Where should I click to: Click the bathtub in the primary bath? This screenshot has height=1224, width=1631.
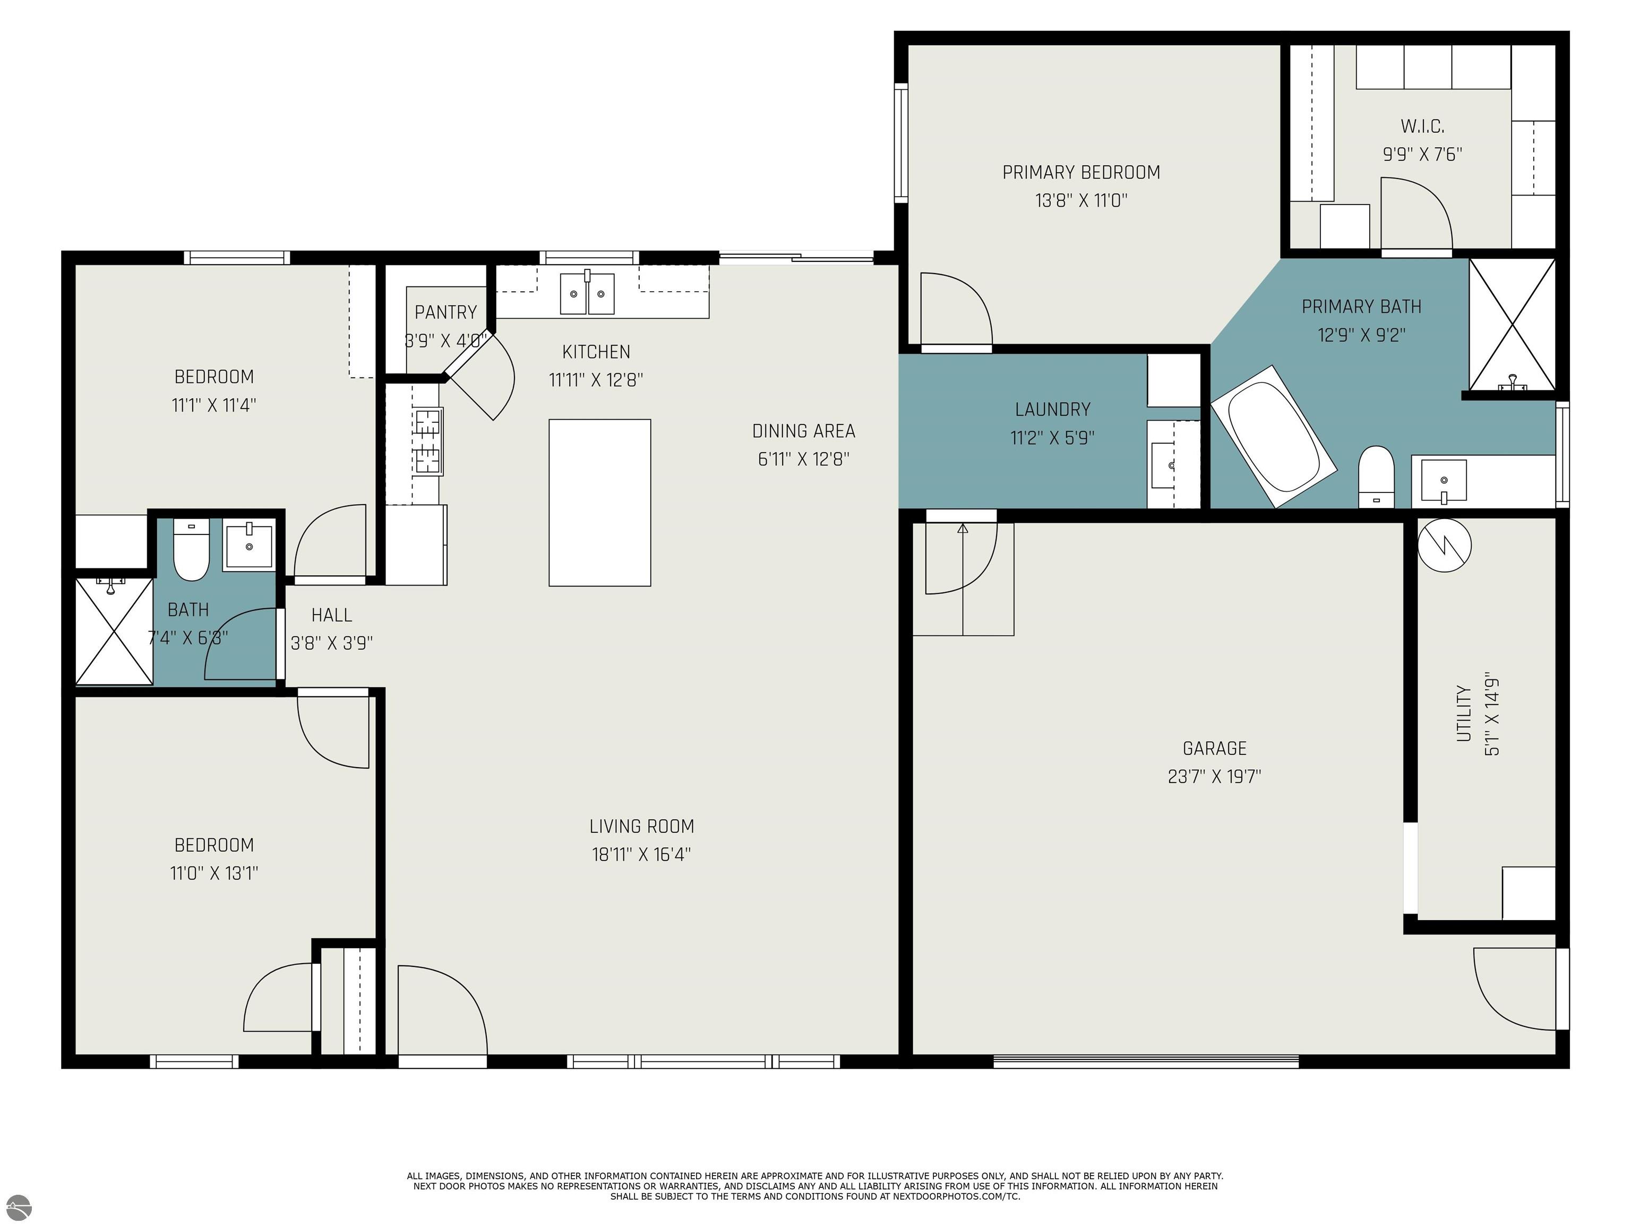click(x=1273, y=436)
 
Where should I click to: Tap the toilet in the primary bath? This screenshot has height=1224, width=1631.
click(x=1376, y=477)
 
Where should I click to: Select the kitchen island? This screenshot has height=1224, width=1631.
click(x=599, y=503)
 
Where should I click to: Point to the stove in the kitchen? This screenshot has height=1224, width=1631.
click(x=428, y=440)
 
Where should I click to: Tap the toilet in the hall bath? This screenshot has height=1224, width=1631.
click(x=191, y=550)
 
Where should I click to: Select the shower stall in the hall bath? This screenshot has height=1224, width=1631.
click(x=114, y=632)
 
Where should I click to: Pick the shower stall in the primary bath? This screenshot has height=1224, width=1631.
click(x=1512, y=324)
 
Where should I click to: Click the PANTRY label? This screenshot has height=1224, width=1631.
click(x=445, y=312)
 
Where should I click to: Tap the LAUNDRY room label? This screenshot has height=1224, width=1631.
click(x=1052, y=410)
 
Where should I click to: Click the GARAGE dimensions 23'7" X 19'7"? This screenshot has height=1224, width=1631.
click(x=1214, y=777)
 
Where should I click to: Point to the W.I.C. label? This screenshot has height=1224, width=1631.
click(x=1422, y=126)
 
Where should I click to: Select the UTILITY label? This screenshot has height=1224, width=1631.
click(x=1464, y=713)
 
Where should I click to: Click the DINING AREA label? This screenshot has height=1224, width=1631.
click(x=804, y=431)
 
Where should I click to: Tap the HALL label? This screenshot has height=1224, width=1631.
click(x=332, y=615)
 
